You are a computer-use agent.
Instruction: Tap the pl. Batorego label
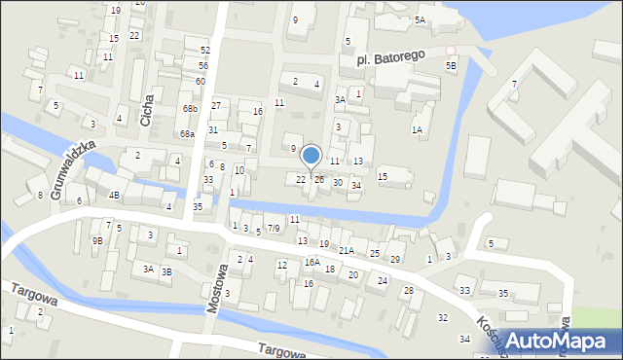387,59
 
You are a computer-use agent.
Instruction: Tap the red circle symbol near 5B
450,50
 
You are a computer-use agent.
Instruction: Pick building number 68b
189,108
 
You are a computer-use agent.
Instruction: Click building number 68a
187,134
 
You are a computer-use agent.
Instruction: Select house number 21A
346,251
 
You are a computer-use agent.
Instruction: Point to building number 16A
311,262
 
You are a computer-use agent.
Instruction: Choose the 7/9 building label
274,229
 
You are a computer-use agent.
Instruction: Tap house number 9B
97,240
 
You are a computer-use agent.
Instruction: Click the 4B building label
114,196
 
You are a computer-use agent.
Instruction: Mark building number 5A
420,19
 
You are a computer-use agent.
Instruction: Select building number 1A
417,129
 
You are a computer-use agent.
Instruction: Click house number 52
204,50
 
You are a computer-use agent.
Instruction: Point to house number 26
318,180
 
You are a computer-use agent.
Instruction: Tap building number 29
394,259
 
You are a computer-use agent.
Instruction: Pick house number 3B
166,271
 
